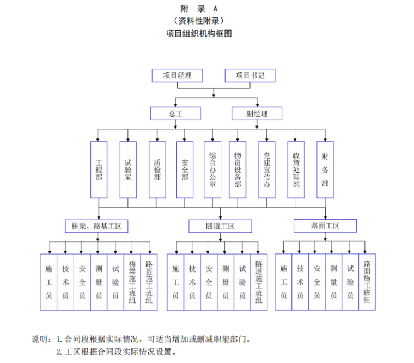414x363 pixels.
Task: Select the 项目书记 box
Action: tap(250, 76)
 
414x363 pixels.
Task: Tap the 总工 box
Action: tap(175, 113)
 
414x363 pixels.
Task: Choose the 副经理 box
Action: tap(257, 113)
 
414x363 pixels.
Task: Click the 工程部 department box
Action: tap(99, 170)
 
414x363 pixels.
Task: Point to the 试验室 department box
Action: tap(128, 170)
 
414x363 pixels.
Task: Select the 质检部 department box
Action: tap(157, 170)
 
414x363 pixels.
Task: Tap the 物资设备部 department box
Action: tap(237, 170)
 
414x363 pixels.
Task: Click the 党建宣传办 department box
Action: tap(266, 170)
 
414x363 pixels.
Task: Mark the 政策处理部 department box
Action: tap(296, 170)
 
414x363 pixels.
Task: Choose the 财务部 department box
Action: tap(325, 170)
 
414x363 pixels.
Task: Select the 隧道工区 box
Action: tap(220, 226)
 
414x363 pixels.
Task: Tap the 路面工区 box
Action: tap(325, 226)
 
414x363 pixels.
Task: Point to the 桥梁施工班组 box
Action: tap(132, 282)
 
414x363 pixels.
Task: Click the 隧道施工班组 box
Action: tap(259, 282)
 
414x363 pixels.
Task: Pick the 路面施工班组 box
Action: tap(367, 281)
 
